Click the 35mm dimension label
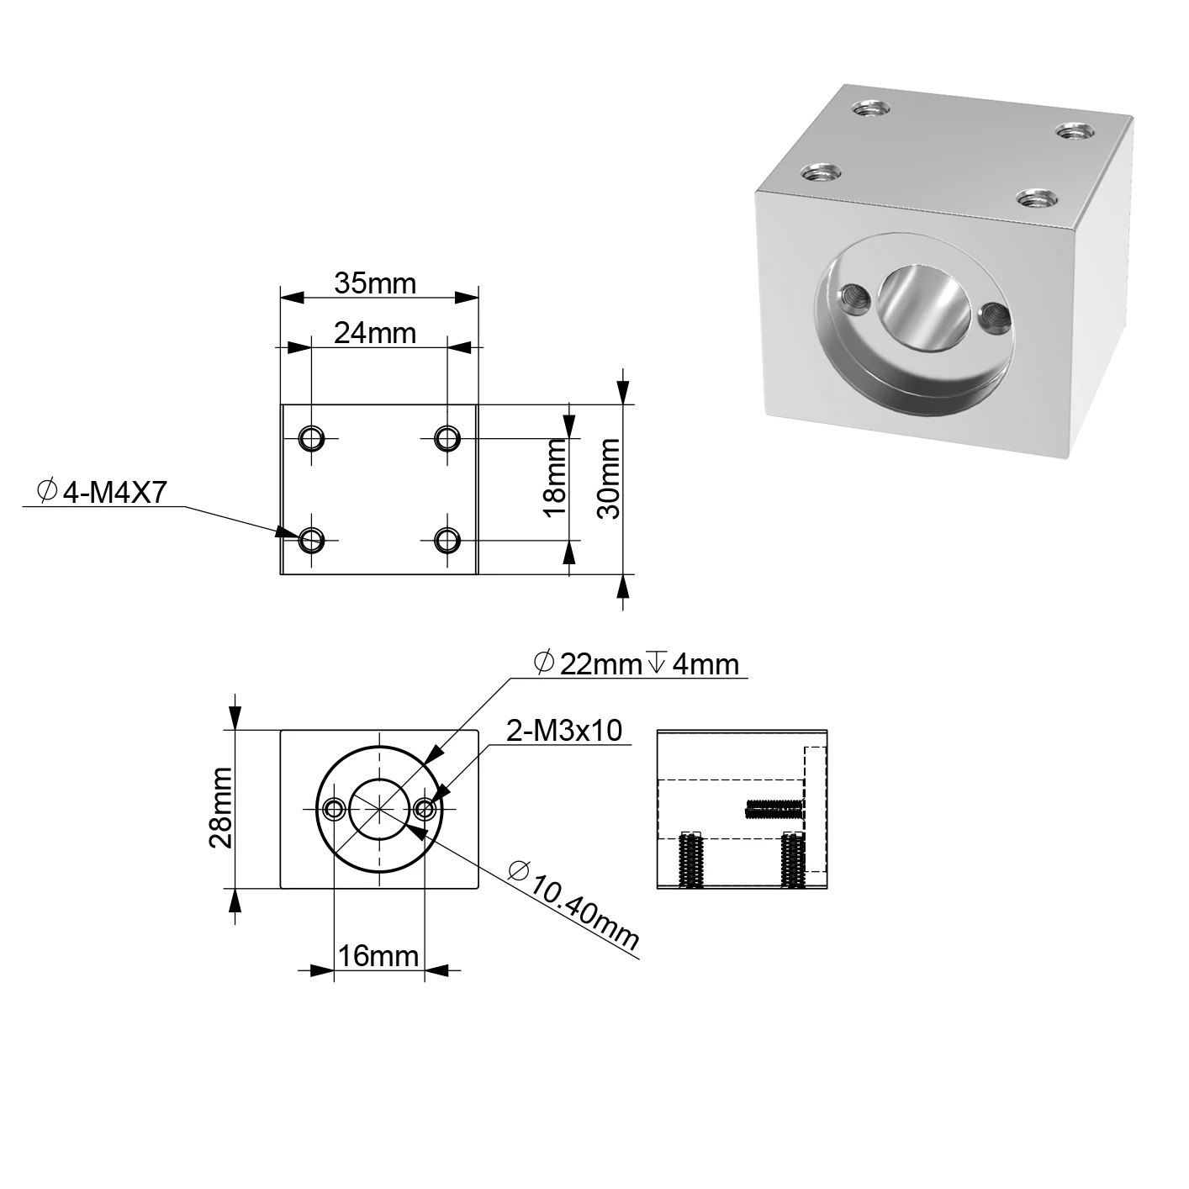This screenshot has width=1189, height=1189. pos(375,283)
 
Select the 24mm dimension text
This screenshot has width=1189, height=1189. pos(375,333)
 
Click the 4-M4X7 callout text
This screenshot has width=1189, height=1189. pos(103,494)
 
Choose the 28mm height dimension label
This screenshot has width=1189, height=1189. pos(221,808)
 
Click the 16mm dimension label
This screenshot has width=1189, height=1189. pos(378,956)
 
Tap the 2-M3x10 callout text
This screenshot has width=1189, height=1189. pos(564,731)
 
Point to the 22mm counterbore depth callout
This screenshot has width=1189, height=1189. pos(637,664)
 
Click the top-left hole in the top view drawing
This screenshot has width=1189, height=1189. pos(311,438)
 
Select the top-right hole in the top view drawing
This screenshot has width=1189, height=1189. pos(447,438)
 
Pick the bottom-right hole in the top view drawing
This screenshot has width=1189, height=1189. pos(447,538)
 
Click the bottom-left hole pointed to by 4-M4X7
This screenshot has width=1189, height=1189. pos(311,538)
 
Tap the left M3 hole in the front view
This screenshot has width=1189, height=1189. pos(335,809)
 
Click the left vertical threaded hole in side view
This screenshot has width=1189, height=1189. pos(690,860)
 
